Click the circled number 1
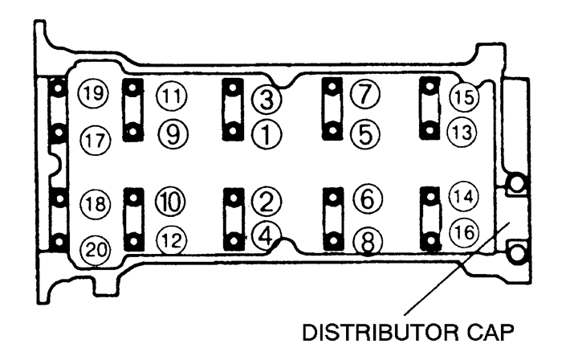267,134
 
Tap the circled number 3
267,99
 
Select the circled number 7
364,93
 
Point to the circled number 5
364,134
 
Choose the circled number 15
465,96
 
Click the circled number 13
462,132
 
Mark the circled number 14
464,196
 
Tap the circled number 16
465,232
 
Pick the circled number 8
368,242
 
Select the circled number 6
368,199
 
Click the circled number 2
267,202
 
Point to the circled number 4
267,236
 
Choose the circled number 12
172,240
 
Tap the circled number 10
170,201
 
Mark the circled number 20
96,249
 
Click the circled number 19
93,93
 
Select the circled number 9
173,134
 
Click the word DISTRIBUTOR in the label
380,333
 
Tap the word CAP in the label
491,333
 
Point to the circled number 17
96,140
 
